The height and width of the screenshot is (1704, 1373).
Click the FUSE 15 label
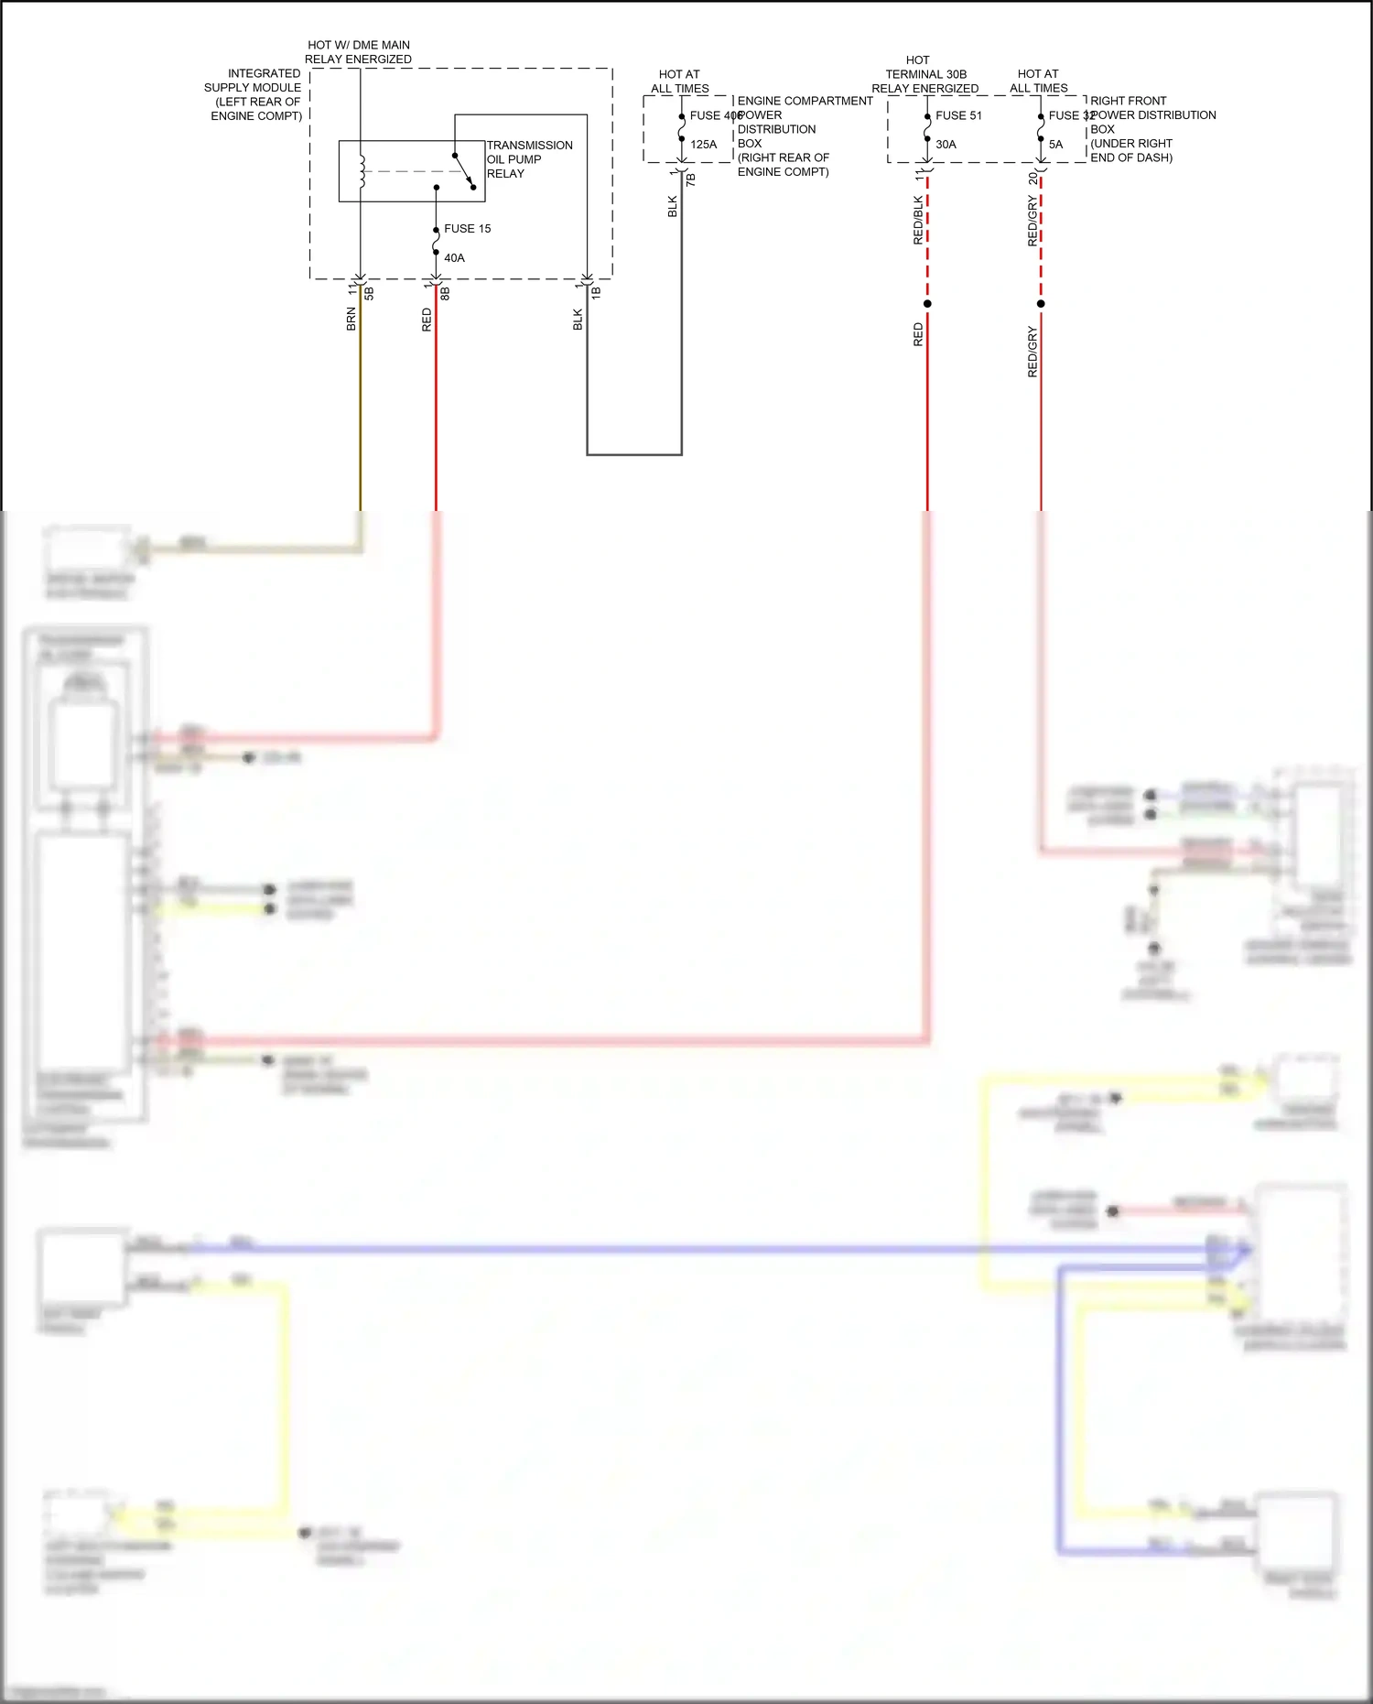(x=467, y=229)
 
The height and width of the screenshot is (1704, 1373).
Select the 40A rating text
(x=454, y=258)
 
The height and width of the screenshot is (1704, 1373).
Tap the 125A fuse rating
(x=703, y=145)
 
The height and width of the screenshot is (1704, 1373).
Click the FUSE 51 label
(x=958, y=115)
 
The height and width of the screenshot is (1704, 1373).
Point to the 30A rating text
(x=946, y=145)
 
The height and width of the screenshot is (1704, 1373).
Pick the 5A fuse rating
(x=1055, y=145)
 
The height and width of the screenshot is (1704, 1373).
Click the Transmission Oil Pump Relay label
(x=529, y=159)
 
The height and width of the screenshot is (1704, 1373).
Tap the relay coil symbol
(x=362, y=171)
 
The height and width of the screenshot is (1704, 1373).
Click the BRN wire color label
(x=351, y=319)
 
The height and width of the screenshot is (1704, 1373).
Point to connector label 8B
(x=446, y=294)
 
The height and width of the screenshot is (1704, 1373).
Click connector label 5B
(x=370, y=294)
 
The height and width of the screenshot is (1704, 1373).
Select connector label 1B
(x=596, y=293)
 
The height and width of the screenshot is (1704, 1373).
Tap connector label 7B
(x=691, y=180)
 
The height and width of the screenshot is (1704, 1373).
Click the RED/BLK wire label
(x=918, y=220)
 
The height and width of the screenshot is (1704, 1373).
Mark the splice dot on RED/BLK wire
(x=927, y=304)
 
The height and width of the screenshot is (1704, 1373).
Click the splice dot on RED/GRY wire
(x=1041, y=304)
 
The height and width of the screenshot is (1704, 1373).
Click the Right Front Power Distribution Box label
(x=1151, y=129)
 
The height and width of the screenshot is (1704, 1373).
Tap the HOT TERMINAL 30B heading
(x=924, y=74)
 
